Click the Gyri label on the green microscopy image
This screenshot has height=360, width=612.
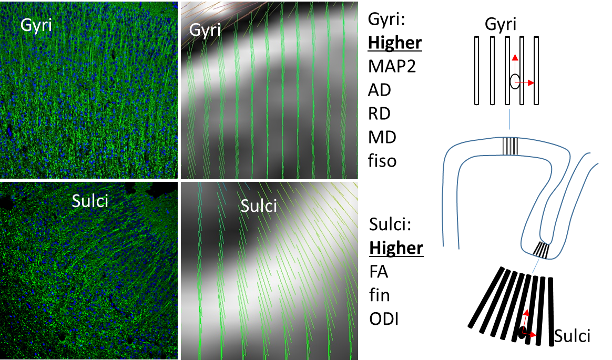[x=36, y=25]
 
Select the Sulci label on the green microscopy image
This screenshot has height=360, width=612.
[x=89, y=200]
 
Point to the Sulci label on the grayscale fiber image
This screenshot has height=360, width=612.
[x=259, y=205]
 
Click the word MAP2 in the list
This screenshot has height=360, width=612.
[x=392, y=66]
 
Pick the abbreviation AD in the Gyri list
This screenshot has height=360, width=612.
[x=380, y=90]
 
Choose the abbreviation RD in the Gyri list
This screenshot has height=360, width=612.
[x=380, y=114]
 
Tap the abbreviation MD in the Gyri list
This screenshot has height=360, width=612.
[x=381, y=137]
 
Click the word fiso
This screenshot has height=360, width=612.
[x=382, y=160]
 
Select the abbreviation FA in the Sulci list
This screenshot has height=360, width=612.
[x=379, y=272]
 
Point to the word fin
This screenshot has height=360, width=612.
[x=379, y=295]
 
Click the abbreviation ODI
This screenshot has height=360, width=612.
[x=383, y=318]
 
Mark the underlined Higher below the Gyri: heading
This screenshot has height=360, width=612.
[x=395, y=43]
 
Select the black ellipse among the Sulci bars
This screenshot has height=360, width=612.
[x=523, y=332]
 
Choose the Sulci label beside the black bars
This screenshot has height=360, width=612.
[x=573, y=335]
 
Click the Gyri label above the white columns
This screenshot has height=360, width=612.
[x=501, y=24]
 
